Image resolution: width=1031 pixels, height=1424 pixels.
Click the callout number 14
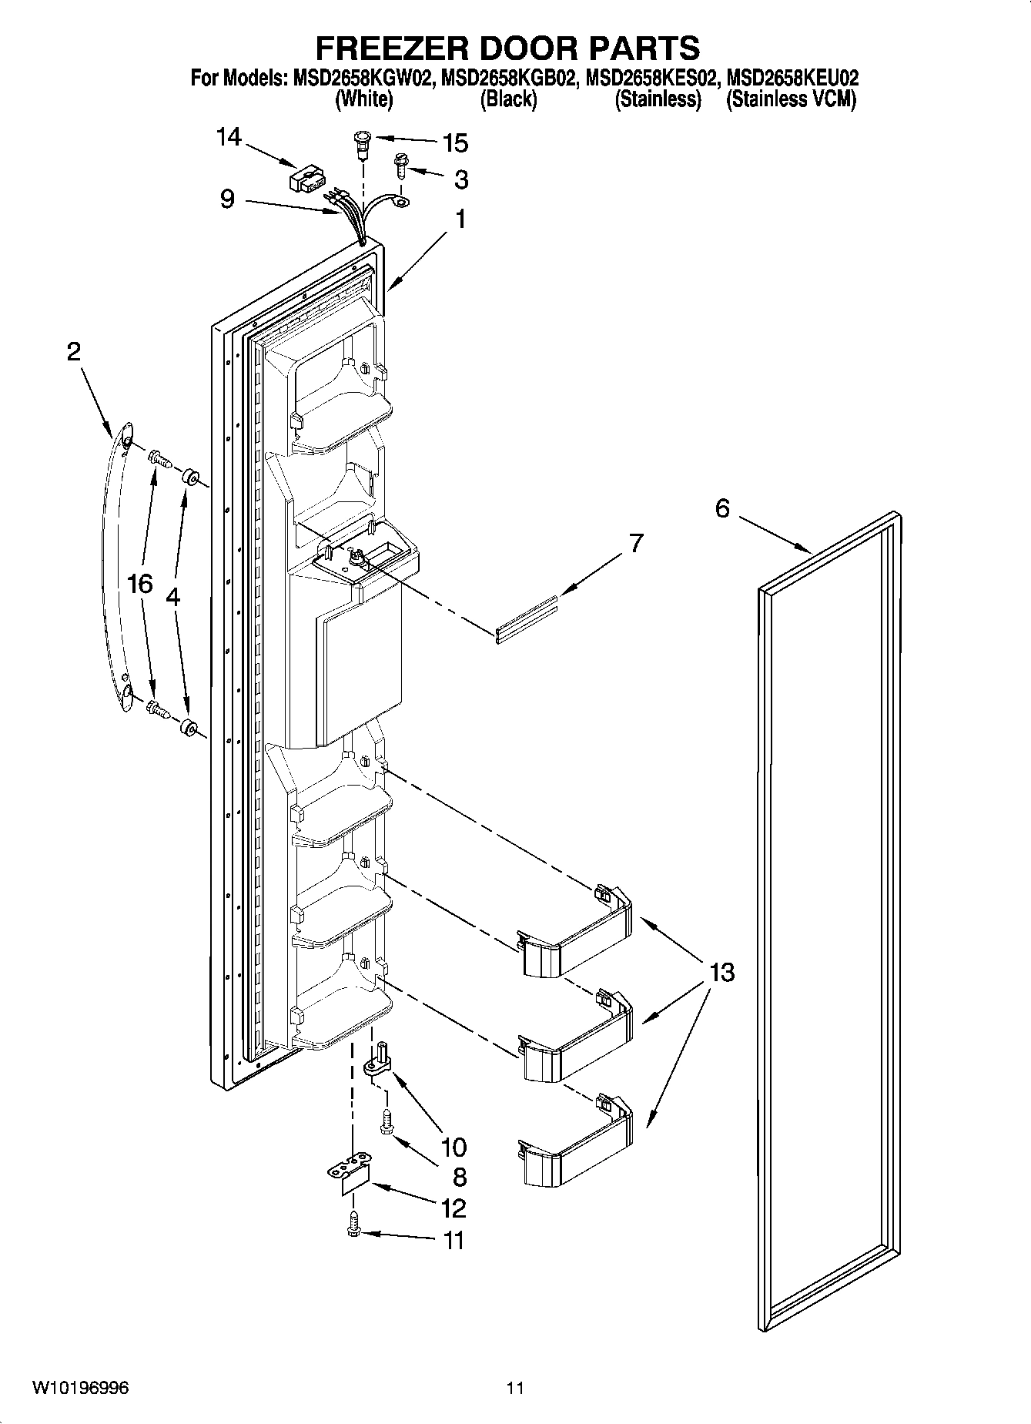228,138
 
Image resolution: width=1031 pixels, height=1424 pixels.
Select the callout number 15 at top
455,143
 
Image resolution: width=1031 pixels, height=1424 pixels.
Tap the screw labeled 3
401,164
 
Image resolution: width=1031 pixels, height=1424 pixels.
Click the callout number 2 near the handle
73,352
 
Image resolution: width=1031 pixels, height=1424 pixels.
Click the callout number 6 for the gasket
721,508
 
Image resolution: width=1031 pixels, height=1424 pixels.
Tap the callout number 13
721,972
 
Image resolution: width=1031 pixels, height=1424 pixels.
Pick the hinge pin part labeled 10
377,1060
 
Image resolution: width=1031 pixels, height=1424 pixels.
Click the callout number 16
140,584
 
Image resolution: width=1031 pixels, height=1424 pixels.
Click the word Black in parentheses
508,99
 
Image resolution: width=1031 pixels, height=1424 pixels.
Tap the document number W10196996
80,1389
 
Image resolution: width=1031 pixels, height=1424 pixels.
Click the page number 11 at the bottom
515,1389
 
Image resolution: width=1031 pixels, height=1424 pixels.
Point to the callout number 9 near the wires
227,199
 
